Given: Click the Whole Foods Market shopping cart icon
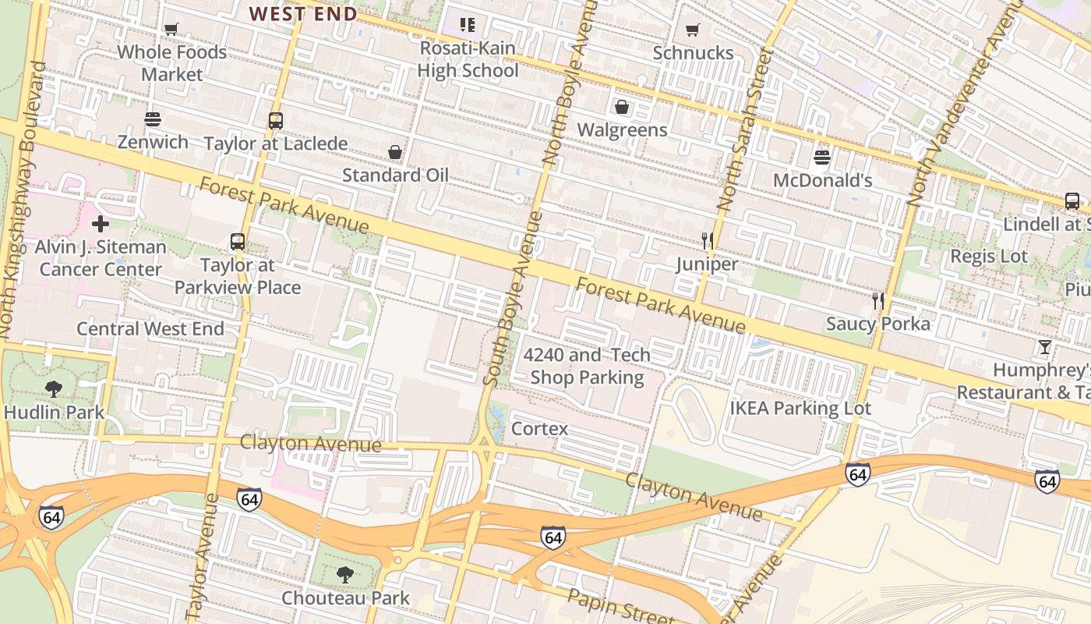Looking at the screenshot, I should (x=171, y=30).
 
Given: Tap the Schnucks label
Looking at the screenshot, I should (x=693, y=52).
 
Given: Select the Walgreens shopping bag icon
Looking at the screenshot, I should (x=622, y=107).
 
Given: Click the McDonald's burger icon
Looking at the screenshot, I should (x=821, y=158).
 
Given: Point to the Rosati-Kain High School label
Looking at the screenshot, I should (x=468, y=59).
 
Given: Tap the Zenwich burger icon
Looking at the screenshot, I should (x=153, y=119).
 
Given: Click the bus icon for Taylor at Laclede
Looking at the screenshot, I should (x=275, y=121).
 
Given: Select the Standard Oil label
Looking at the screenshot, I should (x=395, y=175).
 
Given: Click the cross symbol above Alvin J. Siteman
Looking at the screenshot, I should (x=101, y=225).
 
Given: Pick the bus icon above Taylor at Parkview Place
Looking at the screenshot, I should (x=238, y=242).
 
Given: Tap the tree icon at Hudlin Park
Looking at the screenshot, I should (x=54, y=388).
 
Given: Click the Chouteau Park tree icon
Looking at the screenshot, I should (x=344, y=576).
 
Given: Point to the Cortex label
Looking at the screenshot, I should (x=539, y=429).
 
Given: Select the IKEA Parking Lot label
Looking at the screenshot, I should (x=800, y=408).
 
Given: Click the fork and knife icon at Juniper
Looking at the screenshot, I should (x=707, y=240).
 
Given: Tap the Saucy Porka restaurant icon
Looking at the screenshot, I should (x=878, y=301).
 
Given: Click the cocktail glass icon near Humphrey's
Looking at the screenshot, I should (x=1045, y=347).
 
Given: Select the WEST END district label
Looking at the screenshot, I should (x=303, y=13).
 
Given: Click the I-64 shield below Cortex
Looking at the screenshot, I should (x=553, y=537).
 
